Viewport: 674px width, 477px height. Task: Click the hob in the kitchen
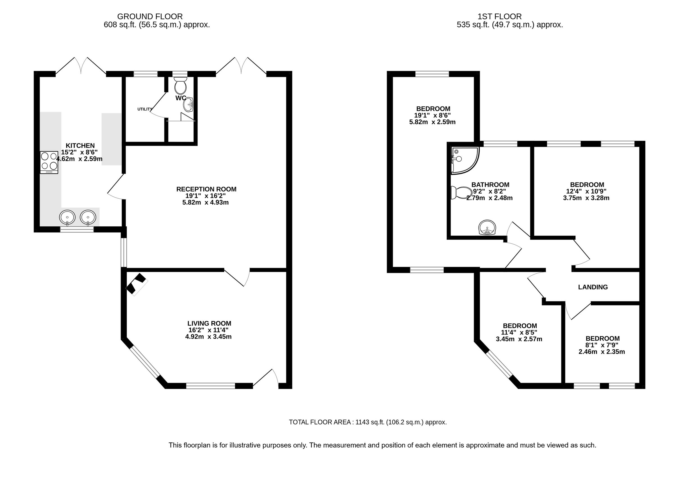(x=49, y=162)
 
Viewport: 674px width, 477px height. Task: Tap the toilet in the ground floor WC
(x=180, y=85)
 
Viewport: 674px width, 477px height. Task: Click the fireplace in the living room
(x=136, y=284)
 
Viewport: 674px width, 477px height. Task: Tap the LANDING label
(x=593, y=287)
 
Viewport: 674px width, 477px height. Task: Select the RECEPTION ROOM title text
(x=206, y=189)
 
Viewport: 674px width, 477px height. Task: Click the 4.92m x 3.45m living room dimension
(x=208, y=337)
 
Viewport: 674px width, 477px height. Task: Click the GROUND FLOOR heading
(x=150, y=17)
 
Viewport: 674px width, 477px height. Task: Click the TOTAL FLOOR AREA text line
(x=368, y=422)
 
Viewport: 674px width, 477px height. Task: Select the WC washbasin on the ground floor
(x=188, y=105)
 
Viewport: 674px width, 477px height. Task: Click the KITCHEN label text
(x=80, y=145)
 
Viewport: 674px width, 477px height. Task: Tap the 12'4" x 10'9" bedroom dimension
(x=587, y=191)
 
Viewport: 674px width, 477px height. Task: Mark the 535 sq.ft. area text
(x=510, y=25)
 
